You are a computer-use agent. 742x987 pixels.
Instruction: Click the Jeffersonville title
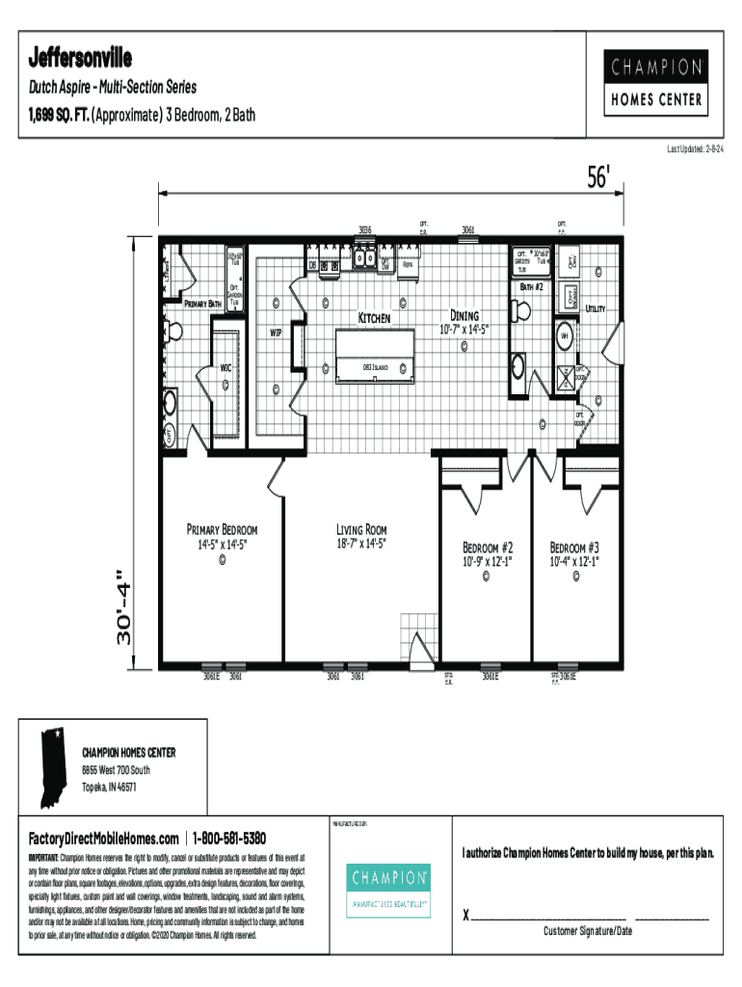[x=81, y=53]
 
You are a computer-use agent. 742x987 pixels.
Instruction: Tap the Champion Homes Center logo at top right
[x=654, y=83]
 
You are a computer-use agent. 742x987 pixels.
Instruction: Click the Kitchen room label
[x=374, y=317]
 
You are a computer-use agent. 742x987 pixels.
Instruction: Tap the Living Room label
[x=361, y=530]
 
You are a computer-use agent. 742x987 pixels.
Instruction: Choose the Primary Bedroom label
[x=222, y=530]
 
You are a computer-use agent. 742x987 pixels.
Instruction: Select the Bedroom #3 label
[x=574, y=546]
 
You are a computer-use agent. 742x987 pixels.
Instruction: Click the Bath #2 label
[x=533, y=287]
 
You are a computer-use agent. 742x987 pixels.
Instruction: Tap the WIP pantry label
[x=276, y=333]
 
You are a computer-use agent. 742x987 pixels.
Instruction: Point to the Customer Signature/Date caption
[x=587, y=931]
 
